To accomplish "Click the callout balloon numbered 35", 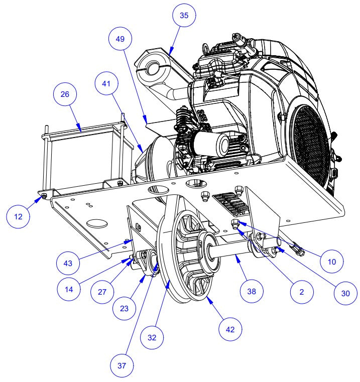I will pos(184,15).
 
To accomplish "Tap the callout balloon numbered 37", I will pos(122,365).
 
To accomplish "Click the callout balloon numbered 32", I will pos(152,337).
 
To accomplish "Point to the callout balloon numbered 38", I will pos(252,291).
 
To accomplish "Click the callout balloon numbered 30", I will pos(345,294).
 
